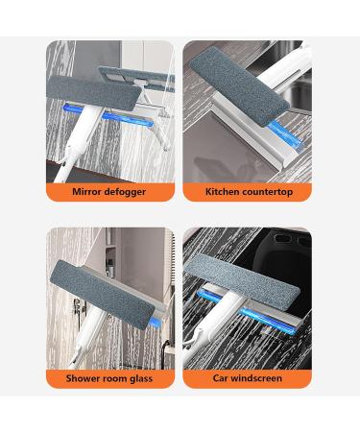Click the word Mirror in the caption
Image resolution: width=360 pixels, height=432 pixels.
click(89, 192)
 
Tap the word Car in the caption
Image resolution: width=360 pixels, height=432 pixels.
click(222, 379)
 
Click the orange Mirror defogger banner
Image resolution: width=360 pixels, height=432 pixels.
click(109, 192)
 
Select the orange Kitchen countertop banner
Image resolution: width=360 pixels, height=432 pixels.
click(247, 192)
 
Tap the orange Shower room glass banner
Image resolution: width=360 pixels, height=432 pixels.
click(109, 379)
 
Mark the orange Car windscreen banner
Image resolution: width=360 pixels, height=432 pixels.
click(247, 379)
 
